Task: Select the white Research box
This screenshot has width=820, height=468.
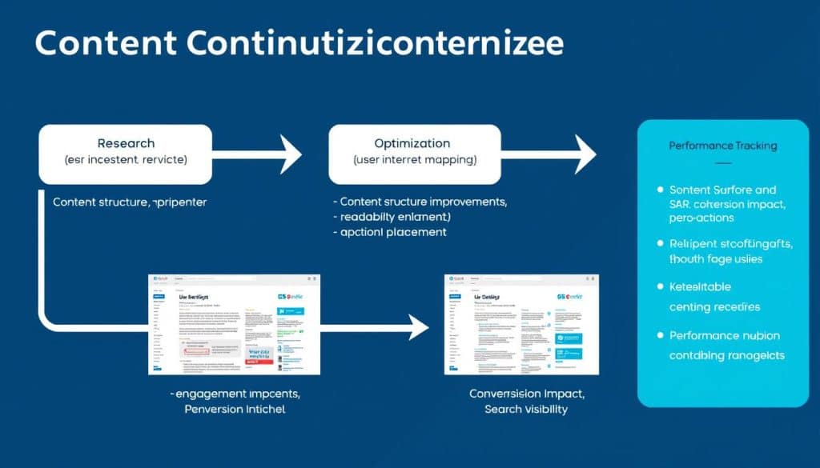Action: pyautogui.click(x=126, y=154)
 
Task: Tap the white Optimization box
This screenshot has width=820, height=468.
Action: pyautogui.click(x=414, y=154)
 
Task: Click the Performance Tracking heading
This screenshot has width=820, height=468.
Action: pyautogui.click(x=722, y=146)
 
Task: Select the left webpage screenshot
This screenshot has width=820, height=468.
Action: pyautogui.click(x=234, y=324)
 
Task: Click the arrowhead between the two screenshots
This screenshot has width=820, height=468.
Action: pyautogui.click(x=417, y=327)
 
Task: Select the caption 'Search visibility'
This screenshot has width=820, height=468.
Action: pyautogui.click(x=526, y=409)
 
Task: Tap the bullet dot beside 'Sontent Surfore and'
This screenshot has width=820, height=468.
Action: pyautogui.click(x=660, y=190)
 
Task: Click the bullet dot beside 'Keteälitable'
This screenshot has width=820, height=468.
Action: pyautogui.click(x=660, y=286)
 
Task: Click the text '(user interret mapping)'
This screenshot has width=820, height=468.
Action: pyautogui.click(x=414, y=160)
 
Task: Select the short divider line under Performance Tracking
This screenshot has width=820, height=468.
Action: pyautogui.click(x=722, y=162)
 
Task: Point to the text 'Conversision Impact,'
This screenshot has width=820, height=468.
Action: pyautogui.click(x=527, y=394)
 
